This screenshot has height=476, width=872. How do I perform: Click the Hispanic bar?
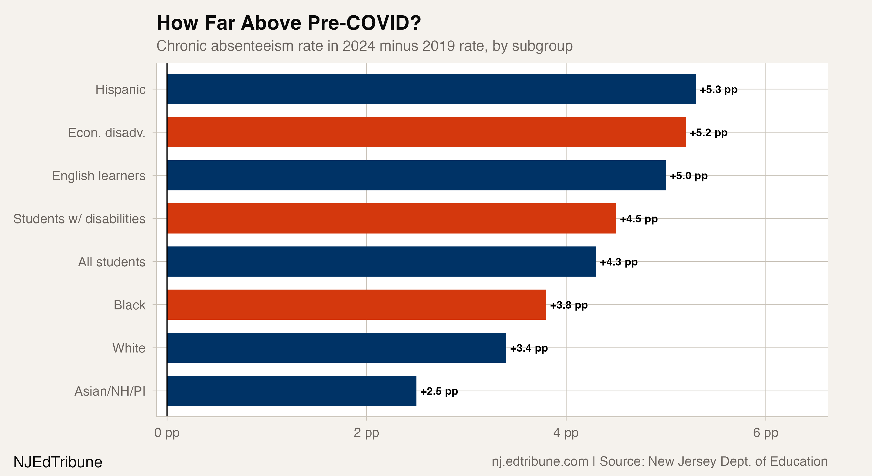[x=431, y=89]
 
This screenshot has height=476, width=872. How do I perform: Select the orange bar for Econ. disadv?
[x=426, y=132]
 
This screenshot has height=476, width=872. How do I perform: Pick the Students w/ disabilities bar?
[x=391, y=218]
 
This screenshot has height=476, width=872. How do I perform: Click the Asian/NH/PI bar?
[x=291, y=391]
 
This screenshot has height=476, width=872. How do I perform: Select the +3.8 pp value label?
[x=569, y=305]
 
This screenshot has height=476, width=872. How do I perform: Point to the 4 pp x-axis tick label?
[x=566, y=433]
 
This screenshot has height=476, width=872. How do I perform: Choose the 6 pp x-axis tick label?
[x=765, y=433]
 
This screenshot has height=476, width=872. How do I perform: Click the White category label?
[x=129, y=348]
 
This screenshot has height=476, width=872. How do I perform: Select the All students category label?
[x=112, y=262]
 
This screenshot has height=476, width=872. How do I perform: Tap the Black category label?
[x=129, y=305]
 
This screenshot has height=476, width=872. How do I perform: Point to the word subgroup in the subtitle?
[x=542, y=46]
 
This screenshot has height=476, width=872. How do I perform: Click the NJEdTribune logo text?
[x=58, y=462]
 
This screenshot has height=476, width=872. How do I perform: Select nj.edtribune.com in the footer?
[x=540, y=461]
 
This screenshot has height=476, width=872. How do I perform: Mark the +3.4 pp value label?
[x=529, y=348]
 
